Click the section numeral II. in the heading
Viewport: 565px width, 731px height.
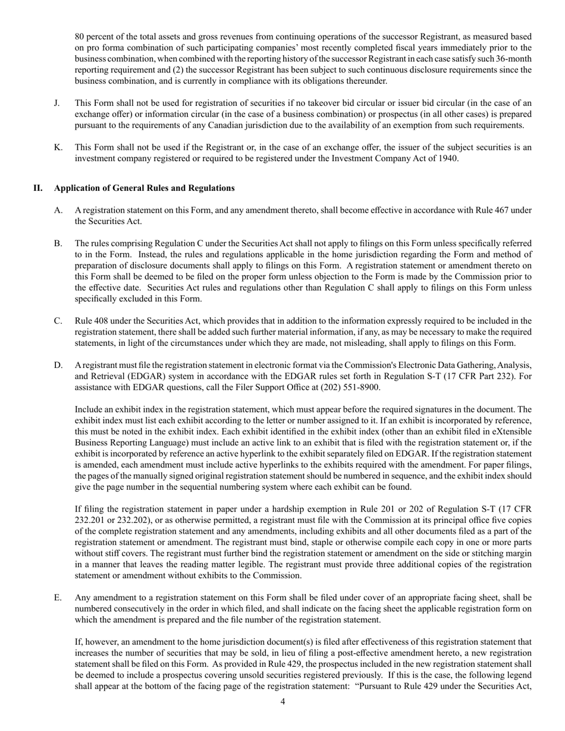(x=37, y=188)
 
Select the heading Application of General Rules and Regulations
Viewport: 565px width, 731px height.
(x=144, y=188)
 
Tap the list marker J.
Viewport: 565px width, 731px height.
(x=56, y=103)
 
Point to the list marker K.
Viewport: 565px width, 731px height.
(x=58, y=147)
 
